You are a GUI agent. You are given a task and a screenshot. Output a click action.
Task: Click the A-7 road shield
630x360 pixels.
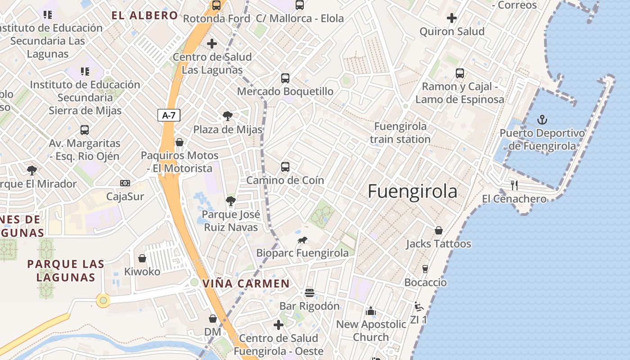[x=169, y=115]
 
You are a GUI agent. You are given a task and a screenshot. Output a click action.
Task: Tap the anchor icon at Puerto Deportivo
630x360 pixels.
[x=542, y=120]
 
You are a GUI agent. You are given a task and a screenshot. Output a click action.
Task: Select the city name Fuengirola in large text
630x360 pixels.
[x=412, y=191]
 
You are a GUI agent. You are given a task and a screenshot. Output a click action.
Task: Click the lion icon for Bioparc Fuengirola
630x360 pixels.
[x=302, y=240]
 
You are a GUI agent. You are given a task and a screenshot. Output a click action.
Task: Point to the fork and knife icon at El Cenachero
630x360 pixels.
[x=515, y=185]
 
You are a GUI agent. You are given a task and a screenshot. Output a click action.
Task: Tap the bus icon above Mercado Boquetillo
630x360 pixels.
[x=285, y=78]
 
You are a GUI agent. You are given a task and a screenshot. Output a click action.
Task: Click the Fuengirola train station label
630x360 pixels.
[x=400, y=133]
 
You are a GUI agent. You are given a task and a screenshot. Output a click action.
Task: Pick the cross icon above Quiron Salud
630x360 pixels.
[x=452, y=18]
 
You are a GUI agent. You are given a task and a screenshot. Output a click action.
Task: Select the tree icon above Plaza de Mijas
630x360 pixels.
[x=228, y=116]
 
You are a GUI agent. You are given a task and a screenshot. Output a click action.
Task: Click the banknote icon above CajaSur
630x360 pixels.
[x=125, y=183]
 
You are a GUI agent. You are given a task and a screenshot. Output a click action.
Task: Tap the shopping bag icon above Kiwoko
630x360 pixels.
[x=142, y=258]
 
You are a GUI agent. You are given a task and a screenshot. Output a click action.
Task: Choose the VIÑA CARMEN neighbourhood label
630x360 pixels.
[x=246, y=284]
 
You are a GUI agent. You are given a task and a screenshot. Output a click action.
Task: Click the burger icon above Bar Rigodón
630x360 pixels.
[x=309, y=293]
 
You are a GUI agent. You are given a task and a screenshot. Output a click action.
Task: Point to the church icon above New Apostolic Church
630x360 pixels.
[x=371, y=311]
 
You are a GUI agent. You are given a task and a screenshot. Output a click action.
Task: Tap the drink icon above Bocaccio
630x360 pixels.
[x=425, y=269]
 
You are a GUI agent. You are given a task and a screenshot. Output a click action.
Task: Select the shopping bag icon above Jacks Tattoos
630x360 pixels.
[x=439, y=231]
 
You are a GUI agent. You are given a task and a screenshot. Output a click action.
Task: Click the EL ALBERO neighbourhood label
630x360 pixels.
[x=145, y=16]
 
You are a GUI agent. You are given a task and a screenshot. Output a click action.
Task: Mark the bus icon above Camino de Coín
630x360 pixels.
[x=285, y=167]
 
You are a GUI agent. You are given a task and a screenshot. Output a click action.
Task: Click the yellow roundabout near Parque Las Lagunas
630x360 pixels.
[x=103, y=300]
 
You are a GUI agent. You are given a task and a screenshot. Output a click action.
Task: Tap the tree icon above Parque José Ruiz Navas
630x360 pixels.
[x=231, y=201]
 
